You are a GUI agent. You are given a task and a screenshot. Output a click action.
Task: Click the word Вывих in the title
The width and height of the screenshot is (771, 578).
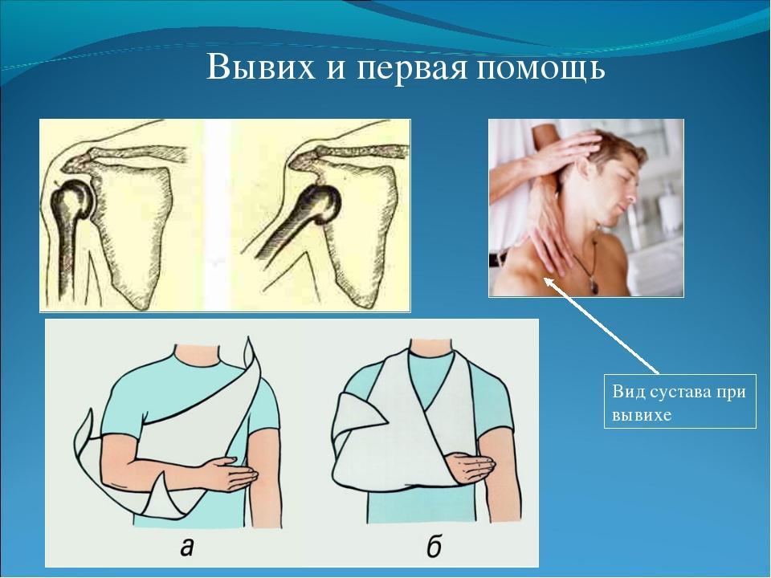tap(260, 67)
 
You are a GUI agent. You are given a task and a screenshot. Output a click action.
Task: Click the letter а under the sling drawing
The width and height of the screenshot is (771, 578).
tap(186, 546)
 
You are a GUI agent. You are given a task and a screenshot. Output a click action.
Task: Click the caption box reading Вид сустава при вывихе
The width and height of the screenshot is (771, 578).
tap(680, 402)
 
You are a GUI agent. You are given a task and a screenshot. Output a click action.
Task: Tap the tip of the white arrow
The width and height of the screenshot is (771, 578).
tap(545, 278)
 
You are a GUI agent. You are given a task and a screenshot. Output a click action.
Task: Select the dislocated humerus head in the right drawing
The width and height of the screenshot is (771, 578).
tap(320, 202)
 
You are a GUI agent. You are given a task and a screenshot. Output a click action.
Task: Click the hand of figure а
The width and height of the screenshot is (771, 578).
tap(235, 474)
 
